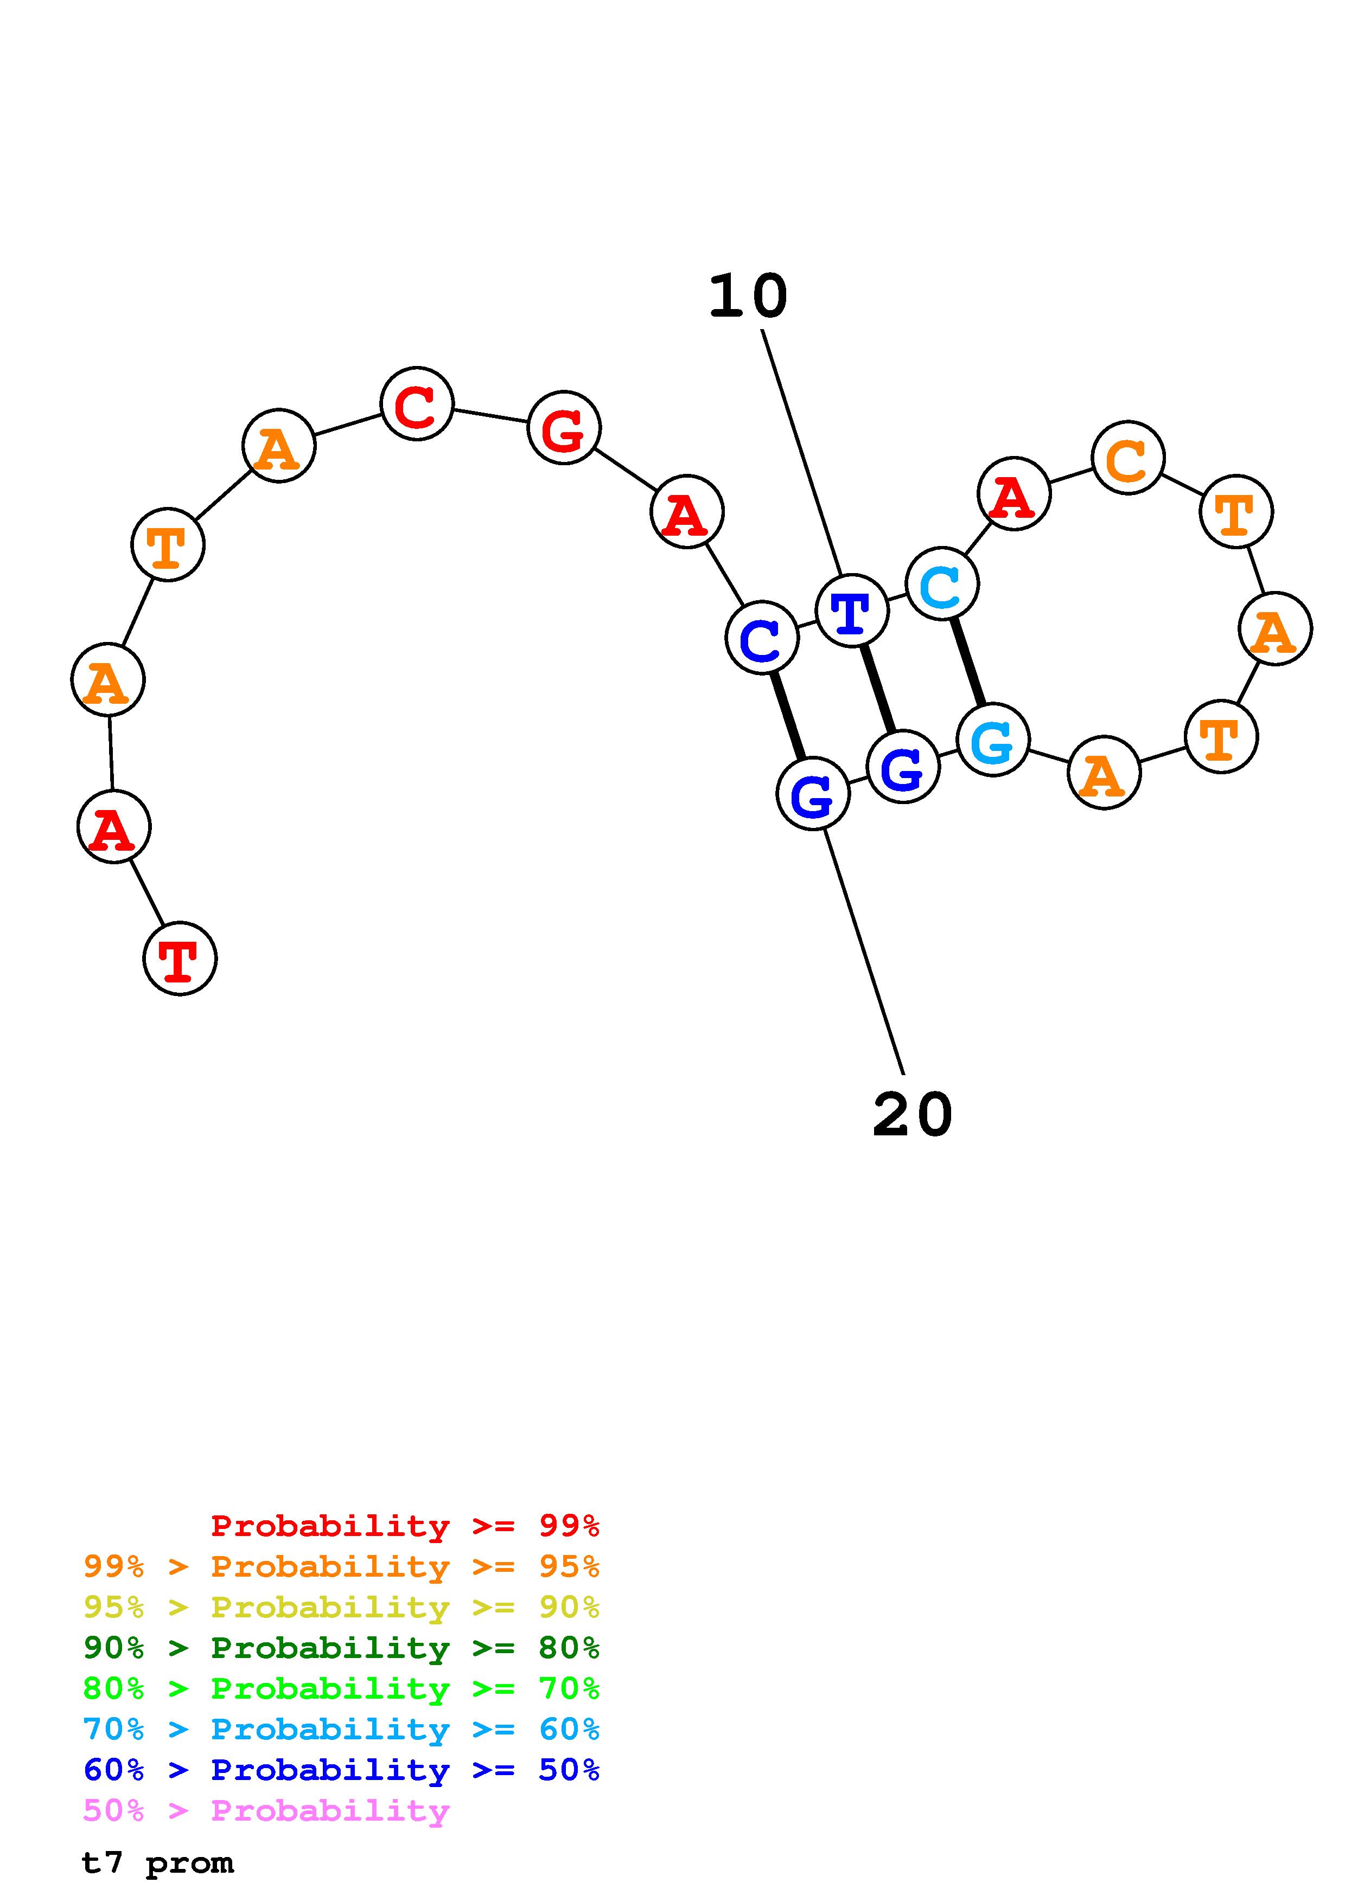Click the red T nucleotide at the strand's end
[x=180, y=959]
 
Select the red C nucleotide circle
[x=417, y=403]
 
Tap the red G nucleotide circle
[x=564, y=428]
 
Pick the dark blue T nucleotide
[x=852, y=611]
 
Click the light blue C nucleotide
[x=942, y=584]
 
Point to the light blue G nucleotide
[x=993, y=740]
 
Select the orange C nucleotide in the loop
[x=1128, y=457]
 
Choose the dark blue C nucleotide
[x=762, y=638]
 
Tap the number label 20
[x=913, y=1115]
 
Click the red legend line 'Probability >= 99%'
[x=405, y=1526]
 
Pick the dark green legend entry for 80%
[x=341, y=1648]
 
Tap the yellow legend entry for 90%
[x=341, y=1607]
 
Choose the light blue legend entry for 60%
[x=341, y=1729]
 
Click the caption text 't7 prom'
[x=157, y=1863]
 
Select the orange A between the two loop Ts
[x=1274, y=629]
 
